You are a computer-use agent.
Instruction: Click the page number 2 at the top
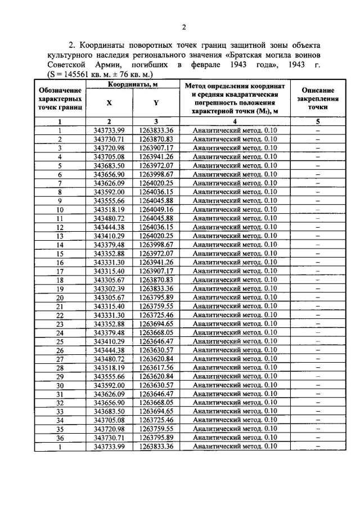(x=183, y=27)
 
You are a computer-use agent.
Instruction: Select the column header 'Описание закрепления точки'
(x=318, y=98)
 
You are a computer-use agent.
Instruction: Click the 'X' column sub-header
(x=109, y=103)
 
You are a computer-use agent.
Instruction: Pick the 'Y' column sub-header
(x=156, y=103)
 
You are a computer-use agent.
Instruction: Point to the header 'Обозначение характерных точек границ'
(x=60, y=98)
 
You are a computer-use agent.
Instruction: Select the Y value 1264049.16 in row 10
(x=156, y=209)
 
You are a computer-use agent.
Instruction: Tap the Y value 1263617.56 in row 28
(x=156, y=367)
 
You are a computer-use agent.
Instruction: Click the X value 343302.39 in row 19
(x=109, y=288)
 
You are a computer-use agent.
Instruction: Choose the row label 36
(x=60, y=438)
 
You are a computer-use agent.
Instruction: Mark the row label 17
(x=60, y=271)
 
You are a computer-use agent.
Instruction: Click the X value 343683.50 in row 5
(x=109, y=165)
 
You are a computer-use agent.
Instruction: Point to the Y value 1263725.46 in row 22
(x=156, y=314)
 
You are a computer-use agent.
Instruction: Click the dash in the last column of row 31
(x=318, y=394)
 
